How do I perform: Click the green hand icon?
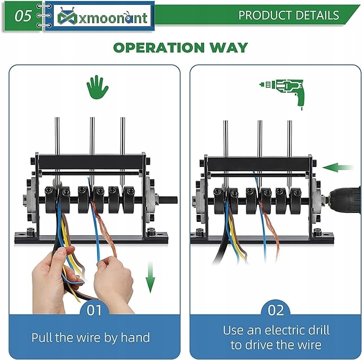click(96, 87)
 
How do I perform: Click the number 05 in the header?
click(23, 16)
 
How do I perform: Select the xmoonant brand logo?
click(99, 17)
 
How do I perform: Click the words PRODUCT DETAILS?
click(288, 15)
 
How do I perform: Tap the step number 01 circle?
click(94, 310)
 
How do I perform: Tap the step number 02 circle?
click(276, 310)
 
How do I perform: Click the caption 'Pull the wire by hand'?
click(91, 337)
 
